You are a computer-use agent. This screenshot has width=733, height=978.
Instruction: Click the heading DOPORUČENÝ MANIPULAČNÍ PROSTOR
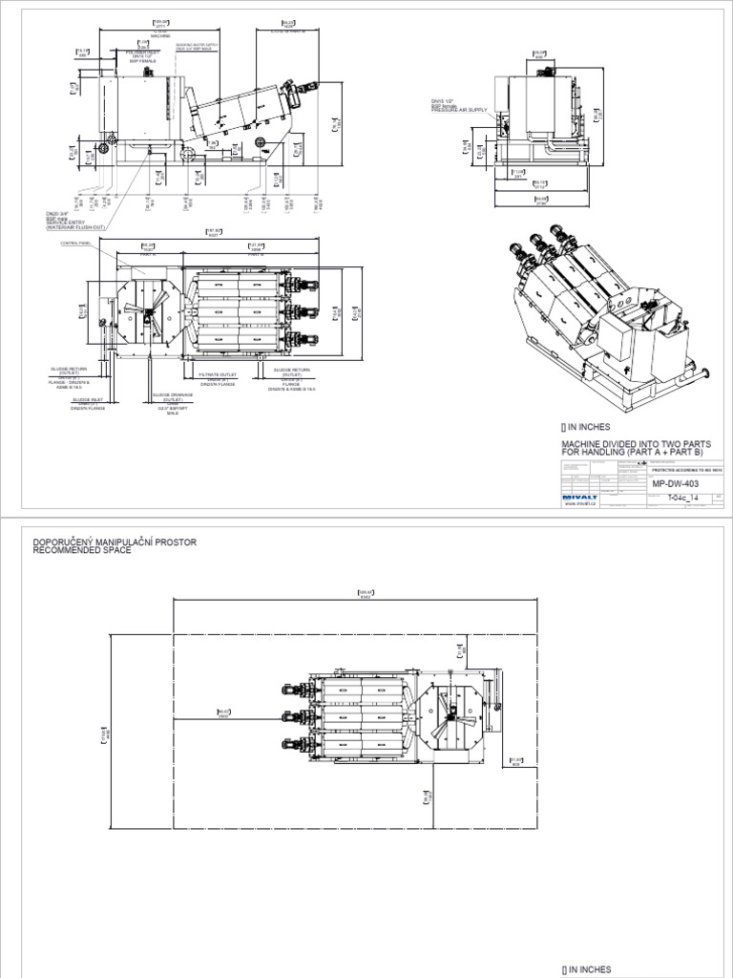[115, 542]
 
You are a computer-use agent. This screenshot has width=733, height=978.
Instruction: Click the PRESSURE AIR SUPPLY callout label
[459, 111]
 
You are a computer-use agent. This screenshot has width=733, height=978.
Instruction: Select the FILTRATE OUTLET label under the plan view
[207, 375]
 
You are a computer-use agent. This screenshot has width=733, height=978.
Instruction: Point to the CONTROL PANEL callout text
[74, 244]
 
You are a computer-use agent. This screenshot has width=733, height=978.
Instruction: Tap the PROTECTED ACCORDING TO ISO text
[686, 471]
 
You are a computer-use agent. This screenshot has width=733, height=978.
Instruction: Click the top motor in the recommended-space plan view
[293, 689]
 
